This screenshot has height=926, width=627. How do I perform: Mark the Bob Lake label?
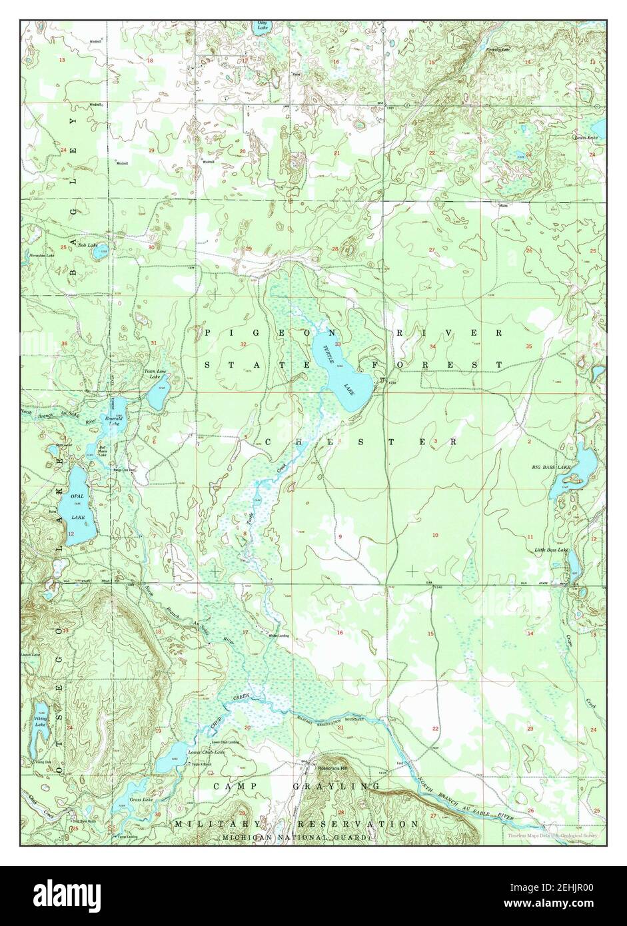click(87, 245)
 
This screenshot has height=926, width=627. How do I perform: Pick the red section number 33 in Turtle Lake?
click(338, 344)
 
